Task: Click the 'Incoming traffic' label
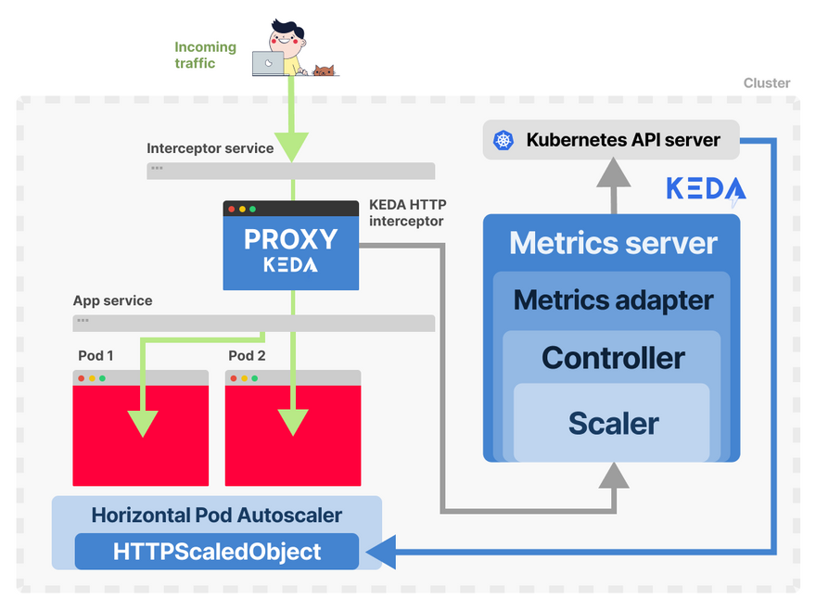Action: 206,55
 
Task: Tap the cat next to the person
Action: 323,70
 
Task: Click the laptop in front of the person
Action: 267,63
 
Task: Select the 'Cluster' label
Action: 767,83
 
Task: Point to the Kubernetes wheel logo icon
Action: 504,140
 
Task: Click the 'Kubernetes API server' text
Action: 623,140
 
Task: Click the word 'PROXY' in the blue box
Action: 290,239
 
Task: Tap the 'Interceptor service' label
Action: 210,148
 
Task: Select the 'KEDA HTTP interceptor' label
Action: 406,212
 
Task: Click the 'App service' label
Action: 113,301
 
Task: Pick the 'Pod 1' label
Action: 96,356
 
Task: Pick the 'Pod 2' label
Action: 248,356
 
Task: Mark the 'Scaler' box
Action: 613,423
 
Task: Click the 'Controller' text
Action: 613,358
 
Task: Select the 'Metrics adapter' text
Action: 613,300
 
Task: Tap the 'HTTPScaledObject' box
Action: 217,552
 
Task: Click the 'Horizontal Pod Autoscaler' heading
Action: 217,516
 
